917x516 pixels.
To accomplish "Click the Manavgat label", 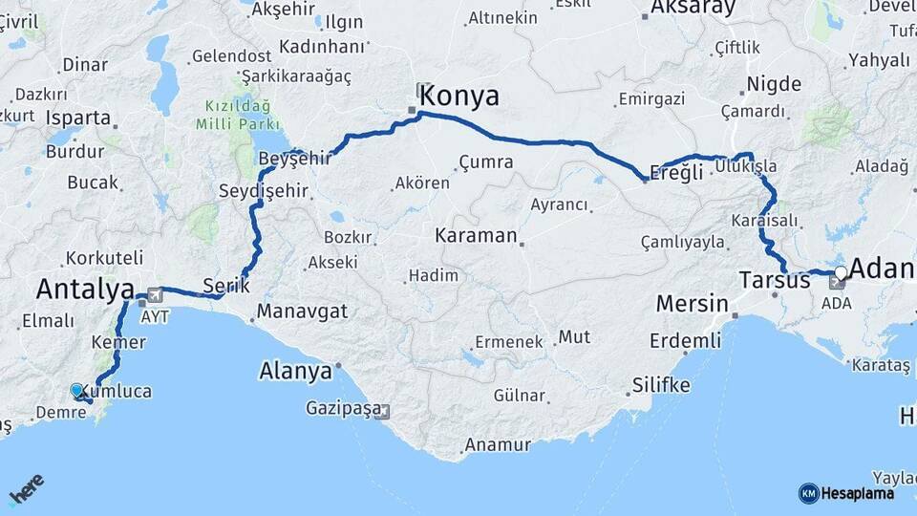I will point(302,312).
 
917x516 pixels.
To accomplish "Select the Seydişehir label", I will point(264,191).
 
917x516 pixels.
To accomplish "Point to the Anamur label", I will point(497,444).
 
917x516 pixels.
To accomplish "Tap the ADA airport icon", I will point(837,283).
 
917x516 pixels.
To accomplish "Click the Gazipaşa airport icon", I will point(383,412).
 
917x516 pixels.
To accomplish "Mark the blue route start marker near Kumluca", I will point(76,390).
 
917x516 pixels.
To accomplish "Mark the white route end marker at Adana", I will point(840,273).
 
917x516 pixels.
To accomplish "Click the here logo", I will point(26,488).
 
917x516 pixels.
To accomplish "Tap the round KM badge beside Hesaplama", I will point(808,493).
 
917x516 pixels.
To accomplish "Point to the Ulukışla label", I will point(751,166).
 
